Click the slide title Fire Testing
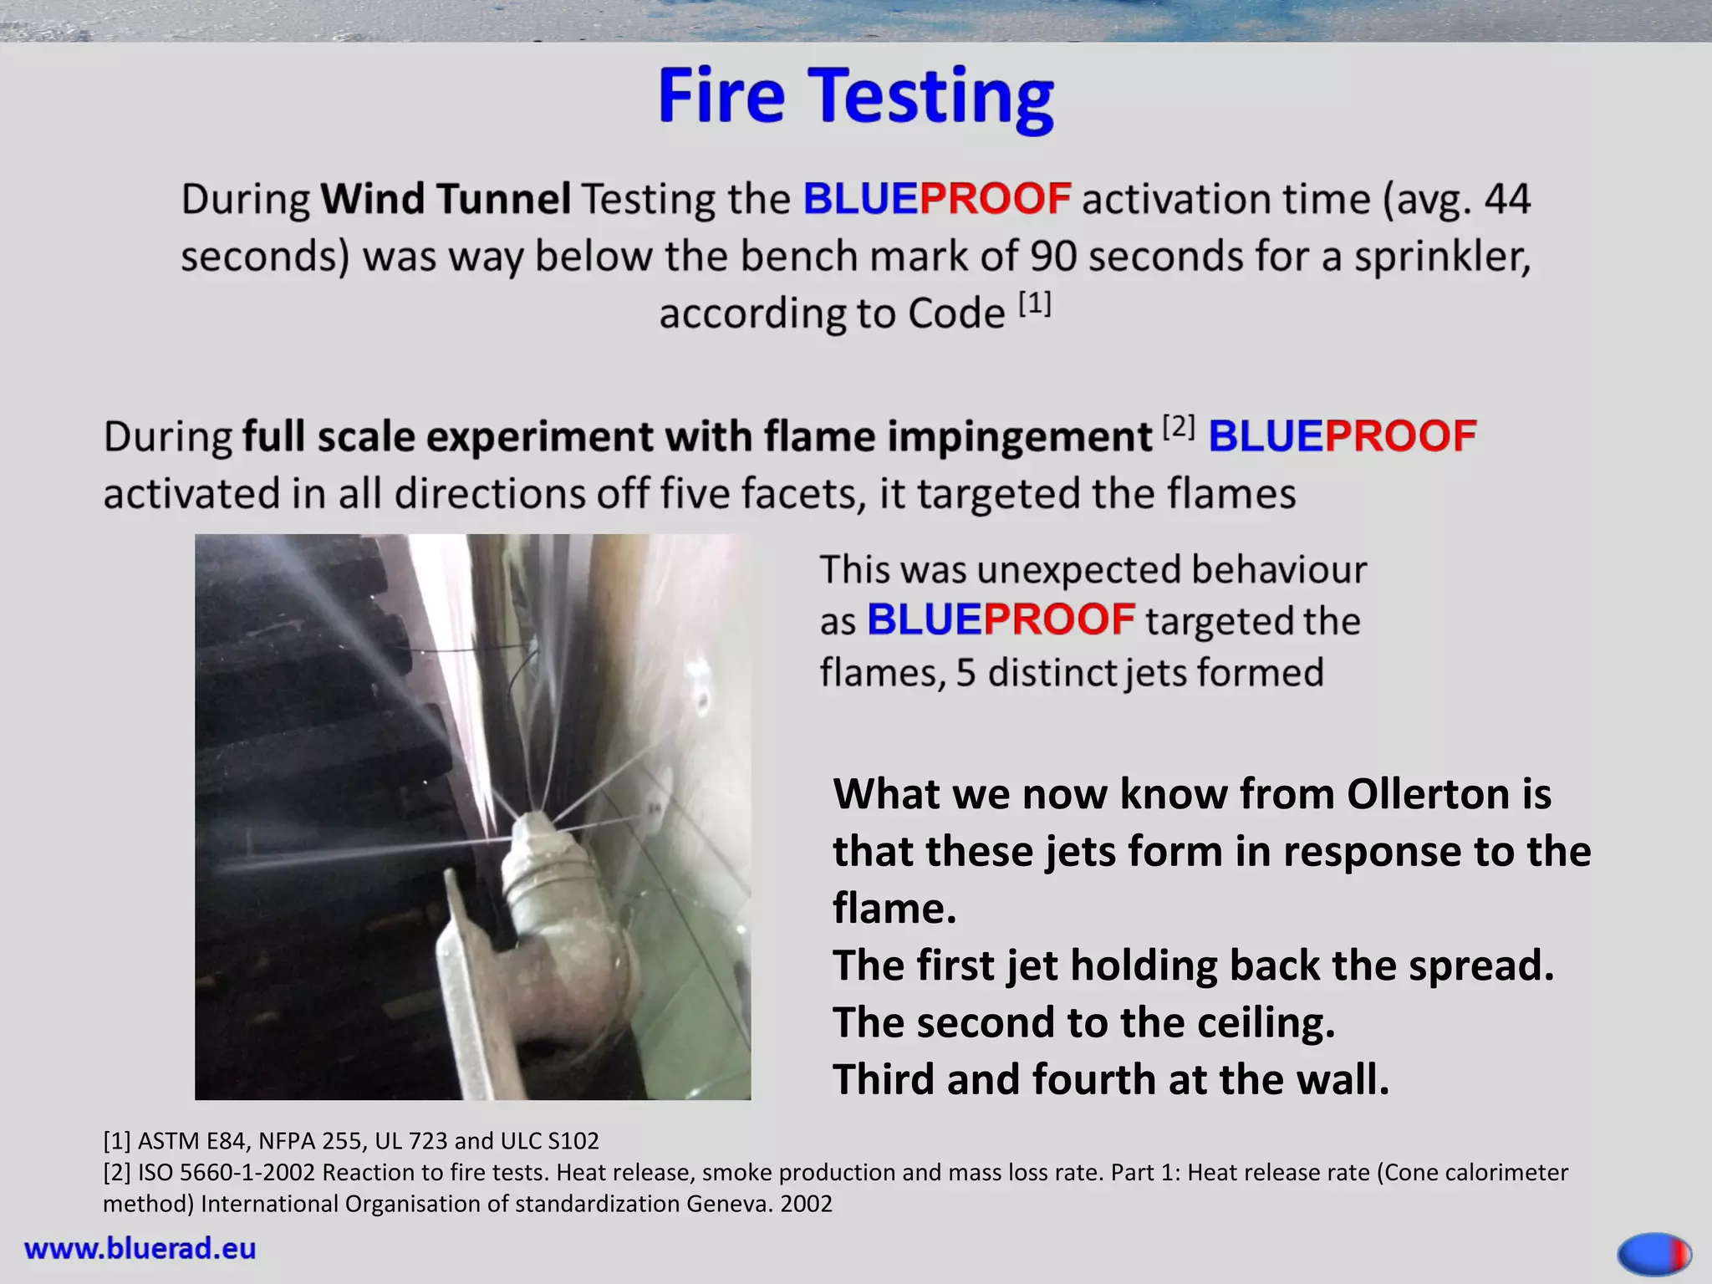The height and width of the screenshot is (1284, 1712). click(855, 97)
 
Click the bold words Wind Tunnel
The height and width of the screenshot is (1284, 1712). click(446, 199)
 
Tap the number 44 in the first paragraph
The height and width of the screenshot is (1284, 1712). click(1506, 199)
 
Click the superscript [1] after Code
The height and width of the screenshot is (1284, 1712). click(1034, 304)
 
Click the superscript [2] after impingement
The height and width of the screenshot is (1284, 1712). click(1179, 428)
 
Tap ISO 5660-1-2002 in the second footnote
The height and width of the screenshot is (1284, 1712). click(226, 1173)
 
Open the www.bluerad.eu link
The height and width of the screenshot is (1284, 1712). click(140, 1248)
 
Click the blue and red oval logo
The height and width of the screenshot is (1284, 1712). click(1654, 1254)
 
